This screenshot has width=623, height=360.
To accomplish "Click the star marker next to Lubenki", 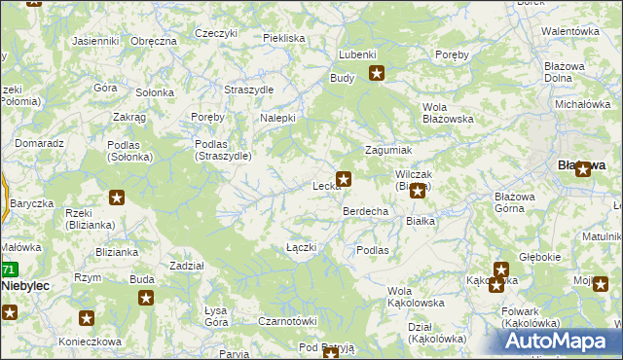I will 377,72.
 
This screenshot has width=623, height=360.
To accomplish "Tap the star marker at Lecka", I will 344,179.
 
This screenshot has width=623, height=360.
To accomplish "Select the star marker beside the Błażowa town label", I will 584,167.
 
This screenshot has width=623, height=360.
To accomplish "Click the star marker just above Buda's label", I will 146,298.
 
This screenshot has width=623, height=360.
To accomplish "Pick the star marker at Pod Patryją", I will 331,354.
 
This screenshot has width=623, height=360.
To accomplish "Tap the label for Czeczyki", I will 216,33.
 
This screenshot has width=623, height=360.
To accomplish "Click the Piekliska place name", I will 284,38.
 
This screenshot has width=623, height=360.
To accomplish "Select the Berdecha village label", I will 365,211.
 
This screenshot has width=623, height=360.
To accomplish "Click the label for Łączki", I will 302,247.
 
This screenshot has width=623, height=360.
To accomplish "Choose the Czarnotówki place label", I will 288,321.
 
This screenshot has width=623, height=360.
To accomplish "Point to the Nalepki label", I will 277,119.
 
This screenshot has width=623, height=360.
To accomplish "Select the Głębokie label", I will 539,257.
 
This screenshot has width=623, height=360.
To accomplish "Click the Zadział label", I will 186,266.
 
